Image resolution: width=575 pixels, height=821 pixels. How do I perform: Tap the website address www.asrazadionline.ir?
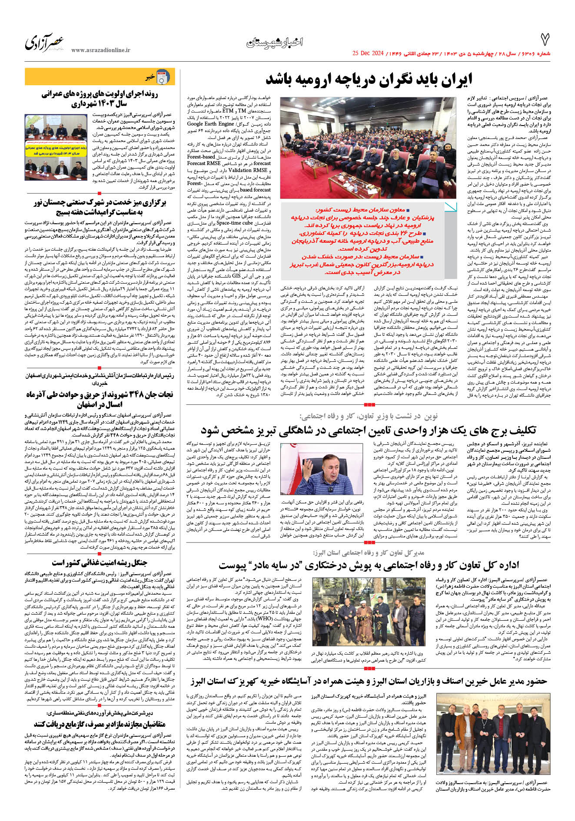click(100, 50)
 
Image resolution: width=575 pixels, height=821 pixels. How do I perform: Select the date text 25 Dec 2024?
click(368, 53)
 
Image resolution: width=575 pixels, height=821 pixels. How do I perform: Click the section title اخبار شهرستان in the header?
click(274, 42)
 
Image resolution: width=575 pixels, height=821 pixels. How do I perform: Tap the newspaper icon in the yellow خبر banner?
click(163, 77)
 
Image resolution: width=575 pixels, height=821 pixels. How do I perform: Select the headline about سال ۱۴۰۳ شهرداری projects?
click(100, 99)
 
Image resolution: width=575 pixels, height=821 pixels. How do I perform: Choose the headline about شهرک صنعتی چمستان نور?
click(100, 207)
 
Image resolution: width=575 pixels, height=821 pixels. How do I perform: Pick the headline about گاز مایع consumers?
click(100, 724)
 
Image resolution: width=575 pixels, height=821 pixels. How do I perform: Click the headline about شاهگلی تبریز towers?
click(368, 430)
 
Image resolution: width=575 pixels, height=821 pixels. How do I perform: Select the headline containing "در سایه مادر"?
click(369, 565)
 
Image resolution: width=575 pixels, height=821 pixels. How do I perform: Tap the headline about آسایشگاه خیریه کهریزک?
click(369, 681)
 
